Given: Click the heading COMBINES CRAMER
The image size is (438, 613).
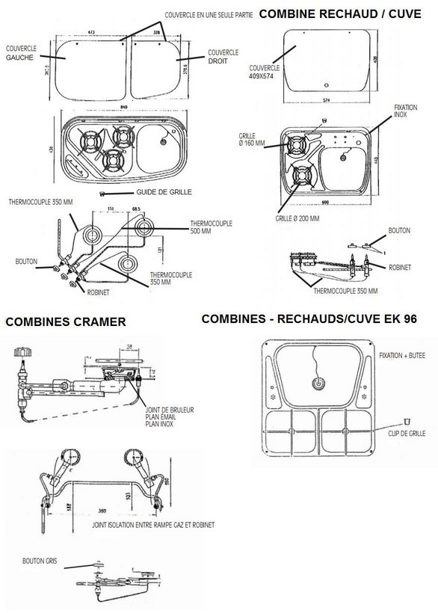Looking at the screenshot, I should [x=64, y=323].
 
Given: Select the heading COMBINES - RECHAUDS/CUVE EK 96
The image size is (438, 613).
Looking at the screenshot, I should [x=309, y=318].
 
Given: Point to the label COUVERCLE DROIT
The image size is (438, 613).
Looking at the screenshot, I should [x=223, y=55].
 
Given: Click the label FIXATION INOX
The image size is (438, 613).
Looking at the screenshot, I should [x=405, y=111].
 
